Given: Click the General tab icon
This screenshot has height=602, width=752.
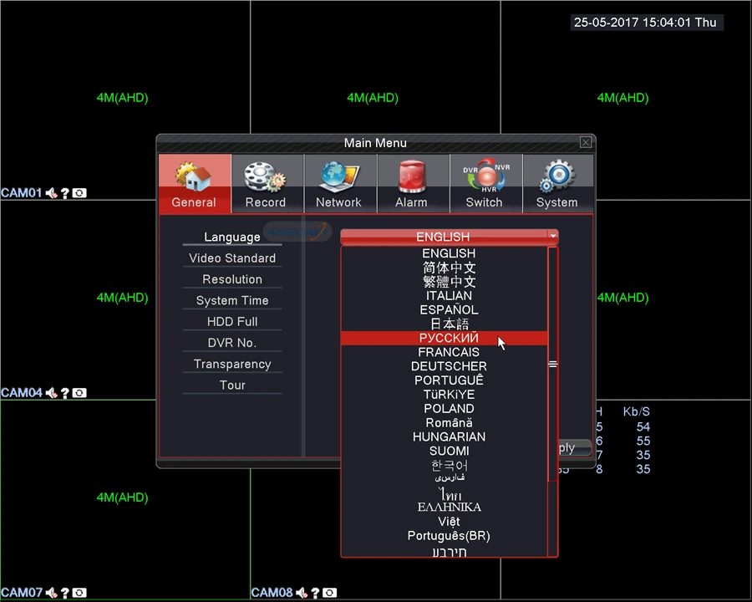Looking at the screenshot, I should click(194, 177).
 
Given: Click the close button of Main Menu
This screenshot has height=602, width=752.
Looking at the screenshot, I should click(586, 143).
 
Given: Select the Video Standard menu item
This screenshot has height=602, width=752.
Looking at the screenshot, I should click(232, 258).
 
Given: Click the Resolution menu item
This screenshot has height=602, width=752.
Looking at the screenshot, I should click(232, 279).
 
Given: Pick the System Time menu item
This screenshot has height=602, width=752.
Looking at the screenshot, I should click(232, 300).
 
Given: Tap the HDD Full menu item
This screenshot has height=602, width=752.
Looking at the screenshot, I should click(232, 322).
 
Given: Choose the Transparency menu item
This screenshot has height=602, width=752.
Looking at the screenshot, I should click(232, 364).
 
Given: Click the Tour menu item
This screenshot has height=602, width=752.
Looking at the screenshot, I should click(232, 385).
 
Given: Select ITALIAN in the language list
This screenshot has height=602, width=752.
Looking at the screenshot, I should click(449, 295).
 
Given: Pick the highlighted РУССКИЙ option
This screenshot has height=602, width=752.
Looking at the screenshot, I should click(449, 338).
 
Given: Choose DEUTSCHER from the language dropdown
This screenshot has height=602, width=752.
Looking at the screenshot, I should click(449, 366).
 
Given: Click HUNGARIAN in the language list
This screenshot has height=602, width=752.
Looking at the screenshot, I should click(449, 436).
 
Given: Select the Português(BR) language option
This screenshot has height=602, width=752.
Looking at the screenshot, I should click(449, 536).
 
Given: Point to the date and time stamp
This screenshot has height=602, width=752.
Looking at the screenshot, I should click(645, 23).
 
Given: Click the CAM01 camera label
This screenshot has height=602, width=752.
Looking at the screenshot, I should click(22, 193).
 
